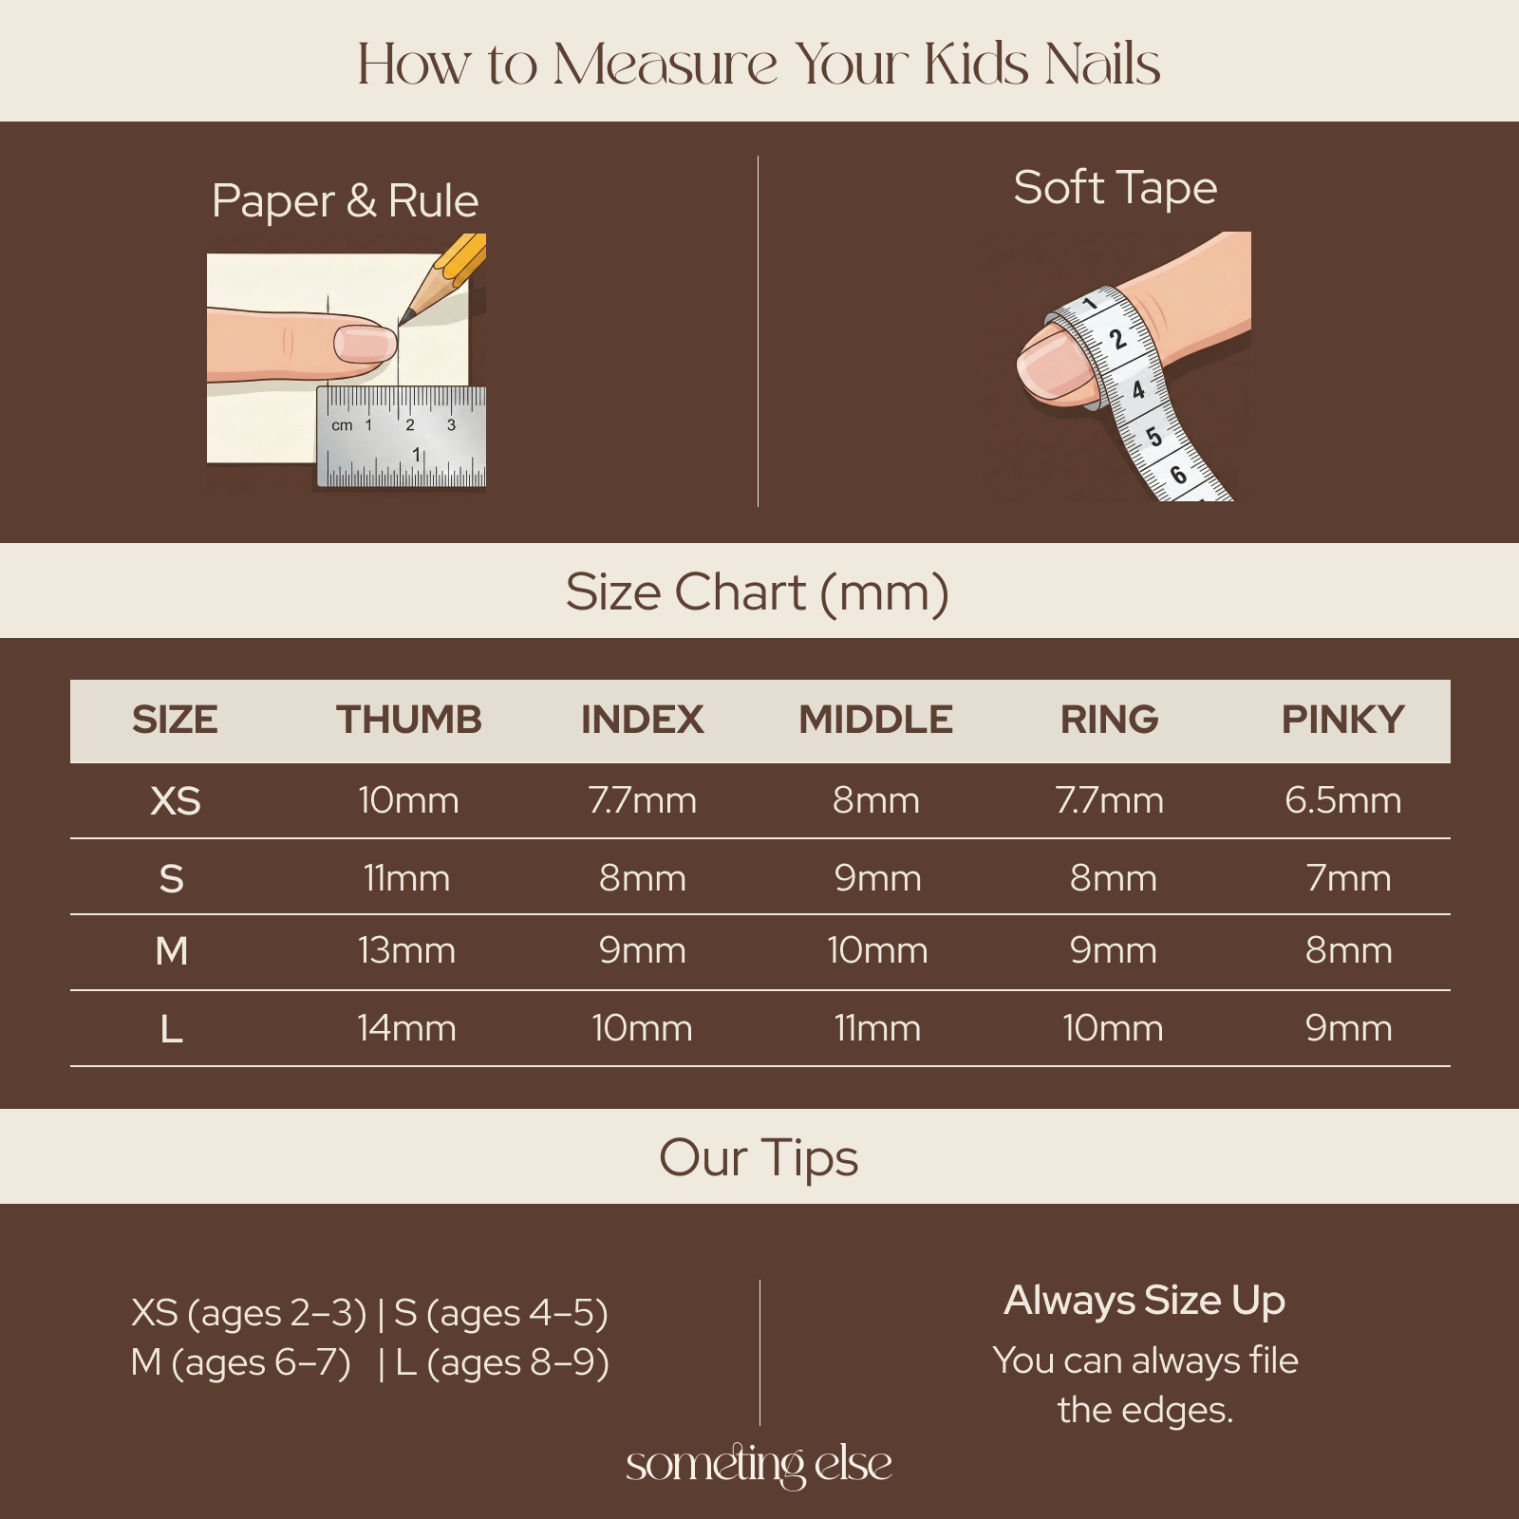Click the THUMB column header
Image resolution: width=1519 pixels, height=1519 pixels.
[x=409, y=720]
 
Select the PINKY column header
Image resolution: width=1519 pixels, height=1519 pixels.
[x=1342, y=720]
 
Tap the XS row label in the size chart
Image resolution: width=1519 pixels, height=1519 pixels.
[x=176, y=801]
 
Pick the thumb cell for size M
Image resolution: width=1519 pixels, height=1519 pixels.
[x=406, y=950]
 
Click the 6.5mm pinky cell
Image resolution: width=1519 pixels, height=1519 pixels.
[x=1342, y=800]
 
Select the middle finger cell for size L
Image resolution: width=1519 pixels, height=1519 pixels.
[x=877, y=1028]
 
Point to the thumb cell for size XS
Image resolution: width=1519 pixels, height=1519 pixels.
[x=408, y=800]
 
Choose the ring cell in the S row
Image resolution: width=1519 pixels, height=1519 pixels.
[x=1113, y=878]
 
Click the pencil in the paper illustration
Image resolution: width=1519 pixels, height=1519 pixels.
[x=442, y=280]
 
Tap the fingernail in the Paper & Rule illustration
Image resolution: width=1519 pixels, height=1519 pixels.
[x=365, y=343]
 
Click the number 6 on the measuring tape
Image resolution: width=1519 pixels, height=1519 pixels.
[x=1178, y=474]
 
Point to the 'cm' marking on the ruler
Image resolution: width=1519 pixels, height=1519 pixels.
[x=342, y=425]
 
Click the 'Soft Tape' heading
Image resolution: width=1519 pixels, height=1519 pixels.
[x=1115, y=188]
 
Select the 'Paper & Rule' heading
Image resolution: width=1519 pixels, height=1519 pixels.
[x=345, y=201]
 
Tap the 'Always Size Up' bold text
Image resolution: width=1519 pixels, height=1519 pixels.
[x=1145, y=1301]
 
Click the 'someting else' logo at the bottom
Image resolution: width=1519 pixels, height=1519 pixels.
[x=759, y=1464]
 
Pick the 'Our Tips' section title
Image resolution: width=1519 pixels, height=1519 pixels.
[x=759, y=1158]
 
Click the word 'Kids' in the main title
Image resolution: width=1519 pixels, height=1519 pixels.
[x=976, y=65]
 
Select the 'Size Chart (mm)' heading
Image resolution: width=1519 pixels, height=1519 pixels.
[x=758, y=592]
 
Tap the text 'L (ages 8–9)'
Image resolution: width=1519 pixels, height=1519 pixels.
[x=502, y=1362]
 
